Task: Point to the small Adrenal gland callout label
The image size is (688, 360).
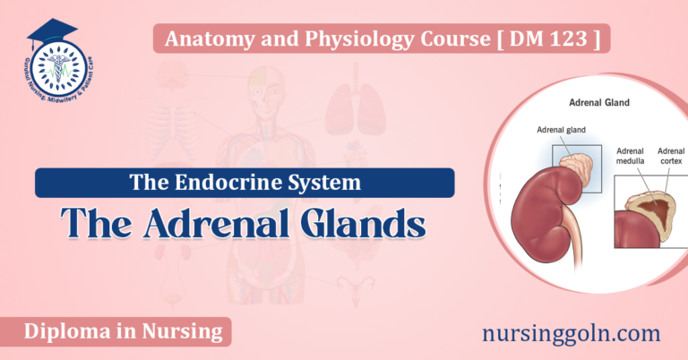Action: coord(562,130)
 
